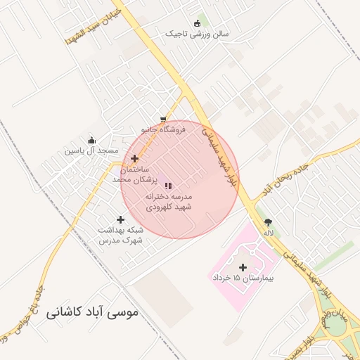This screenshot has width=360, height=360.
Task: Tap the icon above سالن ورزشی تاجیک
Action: coord(201,22)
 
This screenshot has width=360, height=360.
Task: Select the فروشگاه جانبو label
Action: coord(162,130)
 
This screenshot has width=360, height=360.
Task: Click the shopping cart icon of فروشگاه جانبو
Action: coord(163,120)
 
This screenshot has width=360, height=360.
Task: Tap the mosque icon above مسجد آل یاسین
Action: coord(91,140)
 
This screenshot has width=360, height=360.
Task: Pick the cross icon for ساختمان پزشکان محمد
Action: coord(134,159)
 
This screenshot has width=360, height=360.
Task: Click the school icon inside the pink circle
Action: coord(168,186)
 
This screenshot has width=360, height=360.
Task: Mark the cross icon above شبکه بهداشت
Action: coord(120,220)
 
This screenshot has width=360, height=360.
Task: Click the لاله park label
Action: coord(268,232)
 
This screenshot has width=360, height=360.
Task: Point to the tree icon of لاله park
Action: coord(268,221)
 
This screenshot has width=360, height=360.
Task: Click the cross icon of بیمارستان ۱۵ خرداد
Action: coord(243,267)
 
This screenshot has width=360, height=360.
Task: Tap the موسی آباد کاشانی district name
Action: coord(93,311)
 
